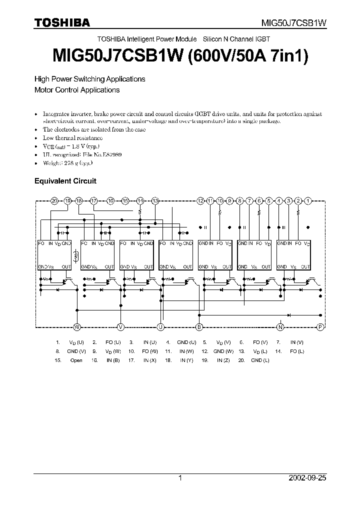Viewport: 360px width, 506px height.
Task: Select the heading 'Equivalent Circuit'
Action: click(65, 181)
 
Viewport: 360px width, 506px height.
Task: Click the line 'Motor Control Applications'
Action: click(76, 90)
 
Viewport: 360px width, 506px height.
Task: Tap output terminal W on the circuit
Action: click(77, 327)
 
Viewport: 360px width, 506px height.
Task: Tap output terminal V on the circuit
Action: click(120, 327)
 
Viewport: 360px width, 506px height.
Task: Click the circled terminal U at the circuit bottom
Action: click(160, 327)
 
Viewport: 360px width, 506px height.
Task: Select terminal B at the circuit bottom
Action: click(199, 327)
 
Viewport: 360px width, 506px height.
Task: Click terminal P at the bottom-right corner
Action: click(321, 327)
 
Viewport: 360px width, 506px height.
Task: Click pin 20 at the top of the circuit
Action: click(54, 200)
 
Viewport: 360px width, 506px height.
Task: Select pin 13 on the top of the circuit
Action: click(155, 200)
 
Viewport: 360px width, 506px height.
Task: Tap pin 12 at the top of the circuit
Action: click(200, 200)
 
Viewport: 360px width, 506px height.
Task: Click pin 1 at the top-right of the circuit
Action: click(308, 200)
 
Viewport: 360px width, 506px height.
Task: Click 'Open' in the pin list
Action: click(76, 360)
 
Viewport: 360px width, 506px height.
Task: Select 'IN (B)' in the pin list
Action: click(113, 360)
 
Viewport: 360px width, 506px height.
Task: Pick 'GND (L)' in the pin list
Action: click(260, 360)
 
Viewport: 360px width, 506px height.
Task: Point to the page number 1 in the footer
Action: click(180, 478)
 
